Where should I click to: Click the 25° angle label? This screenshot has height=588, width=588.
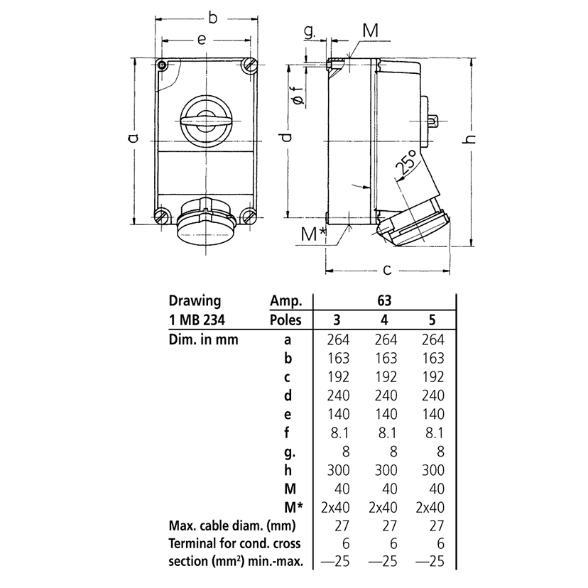click(x=407, y=164)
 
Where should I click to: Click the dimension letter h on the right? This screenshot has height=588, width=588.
click(x=469, y=139)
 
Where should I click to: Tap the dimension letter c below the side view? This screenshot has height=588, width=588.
click(x=387, y=270)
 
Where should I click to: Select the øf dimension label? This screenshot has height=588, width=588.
click(x=298, y=96)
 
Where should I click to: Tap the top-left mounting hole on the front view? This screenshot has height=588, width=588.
click(x=163, y=66)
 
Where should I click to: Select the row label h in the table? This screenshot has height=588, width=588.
click(x=288, y=469)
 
